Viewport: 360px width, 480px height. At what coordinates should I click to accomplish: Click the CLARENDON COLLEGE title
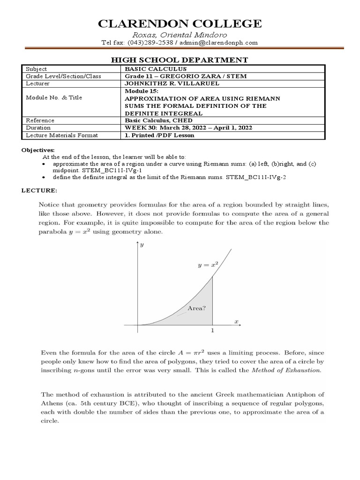180,24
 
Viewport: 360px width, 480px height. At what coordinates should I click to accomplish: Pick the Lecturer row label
37,83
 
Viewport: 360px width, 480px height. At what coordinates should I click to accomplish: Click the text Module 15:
142,90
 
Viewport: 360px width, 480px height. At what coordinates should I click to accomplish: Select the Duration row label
38,127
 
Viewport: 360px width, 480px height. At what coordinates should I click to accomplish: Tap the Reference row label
40,120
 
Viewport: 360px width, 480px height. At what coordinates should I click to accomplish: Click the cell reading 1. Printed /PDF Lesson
159,135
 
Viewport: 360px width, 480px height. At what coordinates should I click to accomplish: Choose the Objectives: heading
39,150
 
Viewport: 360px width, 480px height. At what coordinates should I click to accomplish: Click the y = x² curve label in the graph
207,265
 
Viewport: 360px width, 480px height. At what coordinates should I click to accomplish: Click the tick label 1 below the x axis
213,331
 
